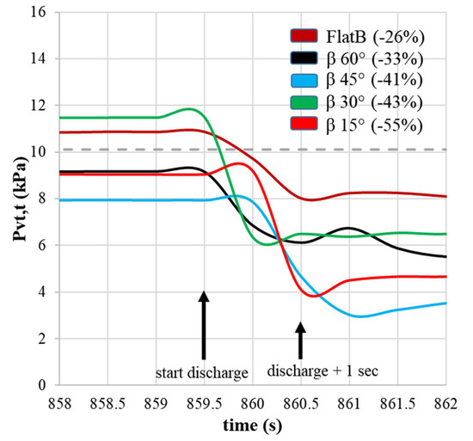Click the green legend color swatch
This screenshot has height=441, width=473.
pyautogui.click(x=304, y=103)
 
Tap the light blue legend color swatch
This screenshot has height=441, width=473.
pyautogui.click(x=304, y=81)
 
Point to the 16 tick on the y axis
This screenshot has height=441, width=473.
pyautogui.click(x=40, y=13)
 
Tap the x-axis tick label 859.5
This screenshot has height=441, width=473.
pyautogui.click(x=204, y=401)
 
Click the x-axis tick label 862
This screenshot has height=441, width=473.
pyautogui.click(x=445, y=401)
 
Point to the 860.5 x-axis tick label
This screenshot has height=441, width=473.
pyautogui.click(x=300, y=401)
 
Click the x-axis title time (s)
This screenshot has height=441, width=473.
pyautogui.click(x=250, y=425)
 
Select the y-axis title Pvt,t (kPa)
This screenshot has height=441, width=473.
pyautogui.click(x=15, y=199)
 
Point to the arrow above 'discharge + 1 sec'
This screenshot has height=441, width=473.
pyautogui.click(x=300, y=340)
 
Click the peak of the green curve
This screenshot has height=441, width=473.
pyautogui.click(x=187, y=110)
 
